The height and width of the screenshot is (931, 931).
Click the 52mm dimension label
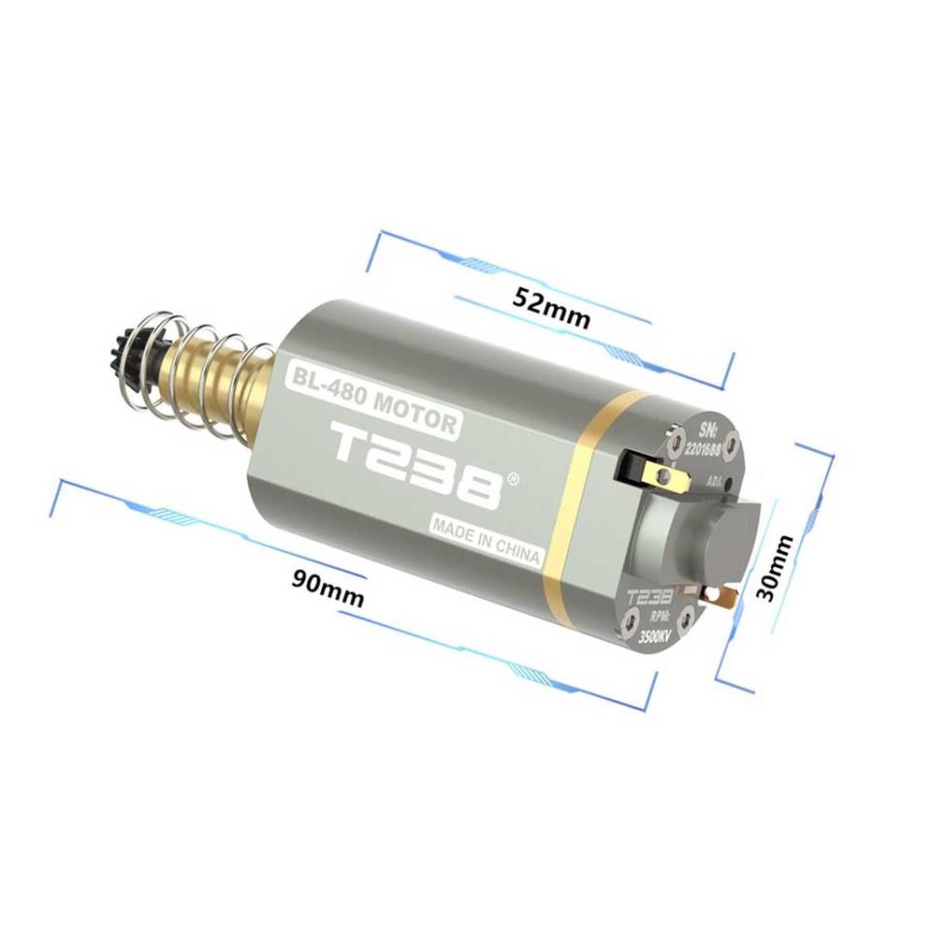[552, 307]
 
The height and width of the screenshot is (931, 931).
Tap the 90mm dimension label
[327, 587]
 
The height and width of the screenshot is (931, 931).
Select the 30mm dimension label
[776, 568]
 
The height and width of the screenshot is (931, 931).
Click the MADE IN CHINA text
[486, 540]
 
